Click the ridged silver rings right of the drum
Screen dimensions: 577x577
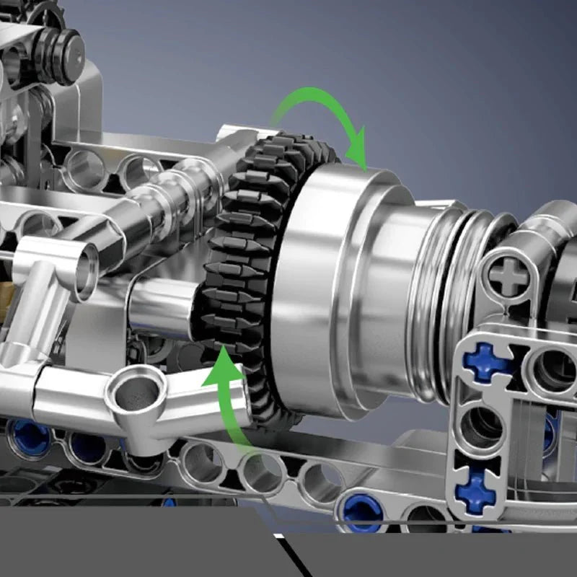[x=454, y=288]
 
